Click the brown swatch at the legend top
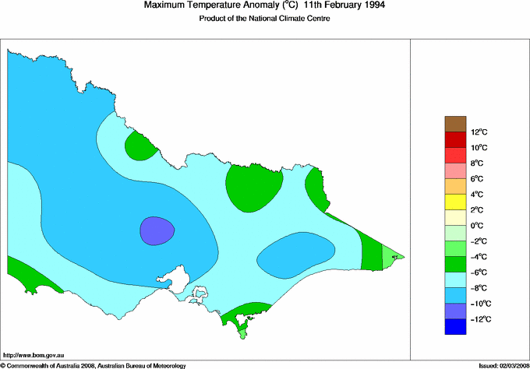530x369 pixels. (454, 124)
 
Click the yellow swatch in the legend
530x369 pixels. (454, 202)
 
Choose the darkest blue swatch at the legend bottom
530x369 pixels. (454, 327)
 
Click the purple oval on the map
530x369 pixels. (157, 230)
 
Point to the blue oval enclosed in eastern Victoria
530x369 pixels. (296, 255)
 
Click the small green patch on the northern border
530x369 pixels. (140, 144)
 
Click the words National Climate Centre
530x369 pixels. (290, 19)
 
